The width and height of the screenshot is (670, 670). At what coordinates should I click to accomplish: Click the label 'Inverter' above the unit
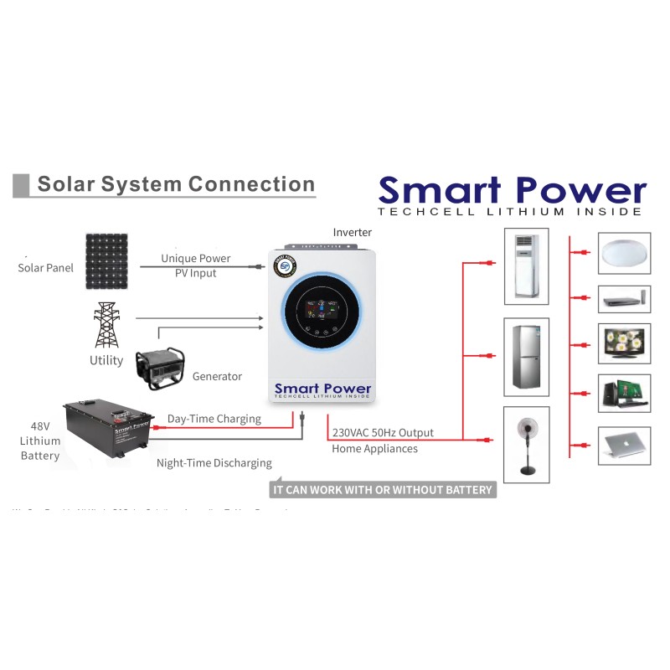[352, 232]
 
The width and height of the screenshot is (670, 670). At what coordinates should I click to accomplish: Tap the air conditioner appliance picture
[526, 266]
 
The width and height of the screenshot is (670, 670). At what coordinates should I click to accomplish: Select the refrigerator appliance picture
[526, 356]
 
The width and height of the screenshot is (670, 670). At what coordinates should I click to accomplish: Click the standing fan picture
[527, 441]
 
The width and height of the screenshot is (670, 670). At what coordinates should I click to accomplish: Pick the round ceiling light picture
[624, 254]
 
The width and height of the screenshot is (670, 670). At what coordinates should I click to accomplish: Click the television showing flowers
[624, 343]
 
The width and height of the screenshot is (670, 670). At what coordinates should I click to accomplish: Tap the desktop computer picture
[624, 393]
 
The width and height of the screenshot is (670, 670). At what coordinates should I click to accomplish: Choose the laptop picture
[624, 445]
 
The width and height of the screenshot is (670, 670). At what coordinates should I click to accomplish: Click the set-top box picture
[624, 297]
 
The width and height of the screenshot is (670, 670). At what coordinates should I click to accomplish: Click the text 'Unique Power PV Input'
[196, 265]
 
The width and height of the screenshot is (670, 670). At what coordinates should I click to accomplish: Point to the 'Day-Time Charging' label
[214, 419]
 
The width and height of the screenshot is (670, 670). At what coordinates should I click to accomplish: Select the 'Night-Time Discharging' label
[214, 463]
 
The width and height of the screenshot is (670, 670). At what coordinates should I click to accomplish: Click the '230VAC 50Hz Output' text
[383, 433]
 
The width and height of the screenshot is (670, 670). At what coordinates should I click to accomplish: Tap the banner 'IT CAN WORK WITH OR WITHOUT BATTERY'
[383, 489]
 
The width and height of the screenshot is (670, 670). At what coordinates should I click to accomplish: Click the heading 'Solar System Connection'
[176, 184]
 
